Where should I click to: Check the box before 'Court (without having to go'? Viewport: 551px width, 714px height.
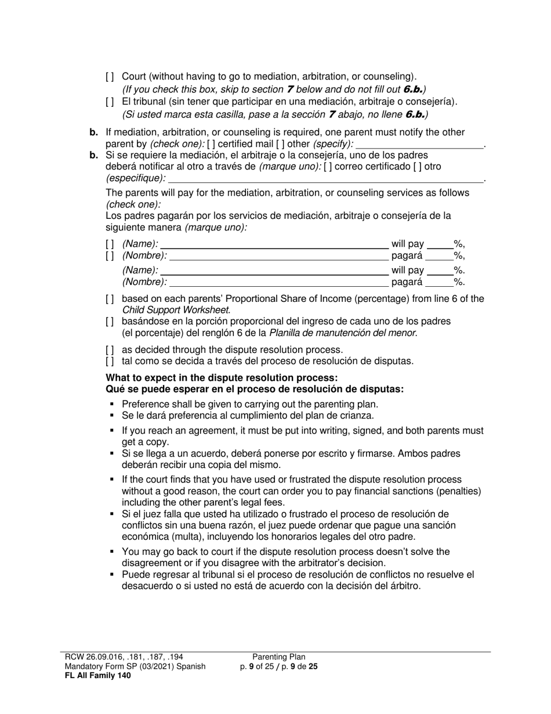click(x=110, y=77)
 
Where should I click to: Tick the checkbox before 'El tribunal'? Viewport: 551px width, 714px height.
click(x=110, y=102)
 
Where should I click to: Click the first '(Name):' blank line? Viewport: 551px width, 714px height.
click(x=274, y=245)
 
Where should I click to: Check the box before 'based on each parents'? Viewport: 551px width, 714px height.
click(x=110, y=300)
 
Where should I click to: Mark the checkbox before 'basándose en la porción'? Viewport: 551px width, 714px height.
click(x=110, y=322)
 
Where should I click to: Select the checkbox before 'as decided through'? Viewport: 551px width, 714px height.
click(x=110, y=350)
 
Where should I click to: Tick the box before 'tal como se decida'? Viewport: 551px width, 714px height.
click(x=110, y=362)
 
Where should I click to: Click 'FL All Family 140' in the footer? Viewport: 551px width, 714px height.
click(x=98, y=675)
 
